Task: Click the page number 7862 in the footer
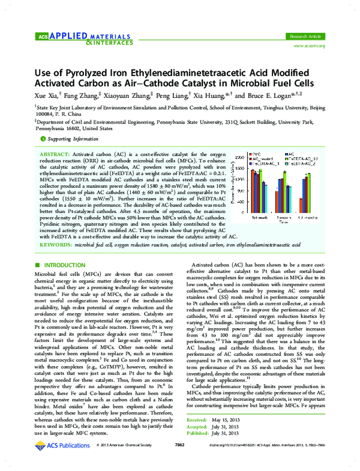tap(179, 461)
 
